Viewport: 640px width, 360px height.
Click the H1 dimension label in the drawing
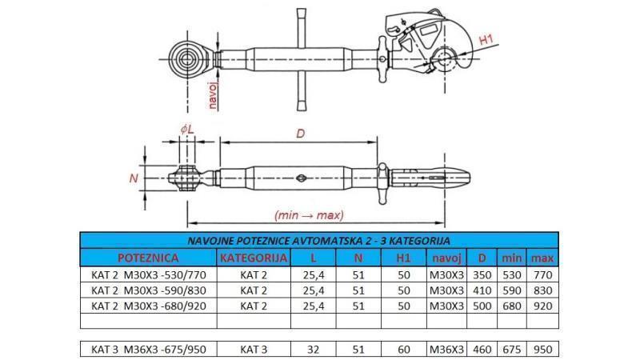486,39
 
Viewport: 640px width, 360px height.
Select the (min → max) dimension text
308,215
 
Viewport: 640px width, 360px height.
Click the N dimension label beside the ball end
134,178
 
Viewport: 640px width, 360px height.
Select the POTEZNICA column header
148,258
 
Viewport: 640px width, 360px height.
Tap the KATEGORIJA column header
253,258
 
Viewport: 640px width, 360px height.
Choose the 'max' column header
542,258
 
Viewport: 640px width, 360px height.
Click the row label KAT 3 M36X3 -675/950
148,350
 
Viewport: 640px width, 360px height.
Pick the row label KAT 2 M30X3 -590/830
148,290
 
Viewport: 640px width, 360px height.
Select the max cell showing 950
542,350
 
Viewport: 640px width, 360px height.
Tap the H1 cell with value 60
403,350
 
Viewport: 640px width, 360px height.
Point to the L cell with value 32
313,350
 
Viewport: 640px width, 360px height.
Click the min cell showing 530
511,274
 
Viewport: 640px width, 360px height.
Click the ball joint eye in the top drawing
190,60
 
